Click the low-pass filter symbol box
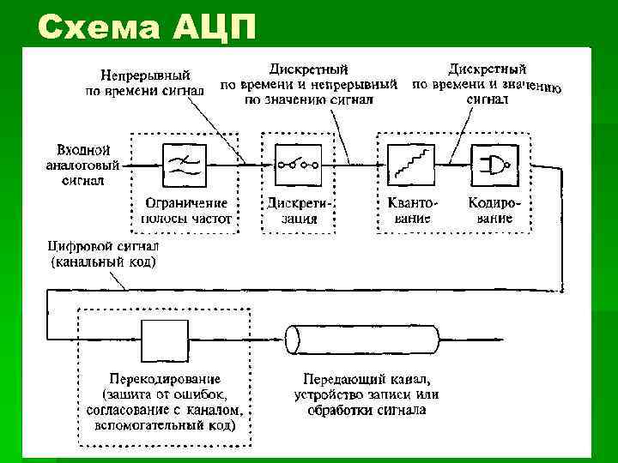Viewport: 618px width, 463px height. pos(184,163)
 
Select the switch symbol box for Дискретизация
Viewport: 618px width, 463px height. pos(298,163)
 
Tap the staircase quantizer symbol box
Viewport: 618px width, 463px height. pos(409,163)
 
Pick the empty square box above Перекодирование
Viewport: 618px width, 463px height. pos(165,340)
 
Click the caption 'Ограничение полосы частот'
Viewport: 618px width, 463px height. pos(185,211)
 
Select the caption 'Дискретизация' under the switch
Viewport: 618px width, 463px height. pos(299,211)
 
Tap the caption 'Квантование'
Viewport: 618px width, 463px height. pos(408,211)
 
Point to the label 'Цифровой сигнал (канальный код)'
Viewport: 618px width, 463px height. pos(103,254)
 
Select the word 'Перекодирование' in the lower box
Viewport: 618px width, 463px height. pos(165,378)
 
